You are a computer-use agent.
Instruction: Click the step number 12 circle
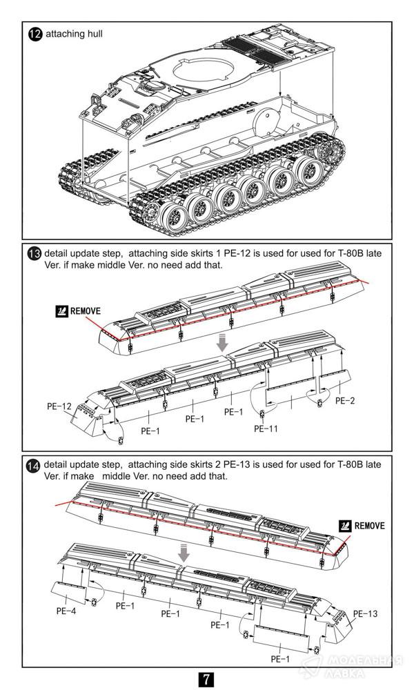(35, 34)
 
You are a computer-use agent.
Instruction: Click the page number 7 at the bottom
(206, 678)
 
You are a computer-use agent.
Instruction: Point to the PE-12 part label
(60, 407)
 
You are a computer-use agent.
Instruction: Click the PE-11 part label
(266, 428)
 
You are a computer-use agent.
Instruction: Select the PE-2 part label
(345, 400)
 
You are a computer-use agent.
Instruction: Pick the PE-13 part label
(366, 613)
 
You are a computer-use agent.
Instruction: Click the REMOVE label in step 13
(85, 311)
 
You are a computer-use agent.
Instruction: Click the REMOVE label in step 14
(371, 526)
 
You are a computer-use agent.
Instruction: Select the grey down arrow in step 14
(184, 553)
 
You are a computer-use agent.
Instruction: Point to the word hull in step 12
(93, 34)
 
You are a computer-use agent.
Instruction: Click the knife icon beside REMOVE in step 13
(61, 311)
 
